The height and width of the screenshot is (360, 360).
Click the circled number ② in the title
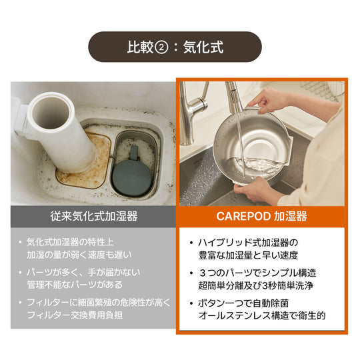[161, 48]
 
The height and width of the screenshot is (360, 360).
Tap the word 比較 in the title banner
[140, 47]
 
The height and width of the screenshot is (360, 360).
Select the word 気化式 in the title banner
[203, 47]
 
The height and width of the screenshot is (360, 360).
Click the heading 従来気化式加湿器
[94, 216]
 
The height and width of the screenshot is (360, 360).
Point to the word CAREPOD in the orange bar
[243, 216]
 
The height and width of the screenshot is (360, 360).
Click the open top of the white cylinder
[51, 112]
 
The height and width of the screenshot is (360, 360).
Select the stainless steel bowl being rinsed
[252, 146]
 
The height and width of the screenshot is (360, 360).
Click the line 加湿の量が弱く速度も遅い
[79, 255]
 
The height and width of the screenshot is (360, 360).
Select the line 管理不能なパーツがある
[75, 285]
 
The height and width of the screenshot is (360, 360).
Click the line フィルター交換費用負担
[75, 315]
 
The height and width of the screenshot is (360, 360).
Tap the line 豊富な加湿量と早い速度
[248, 255]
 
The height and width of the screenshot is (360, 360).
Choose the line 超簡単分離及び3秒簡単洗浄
[256, 286]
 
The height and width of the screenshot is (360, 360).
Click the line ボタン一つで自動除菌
[243, 303]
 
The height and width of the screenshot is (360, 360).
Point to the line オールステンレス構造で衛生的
[262, 316]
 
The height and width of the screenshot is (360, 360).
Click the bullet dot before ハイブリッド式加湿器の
[191, 243]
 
